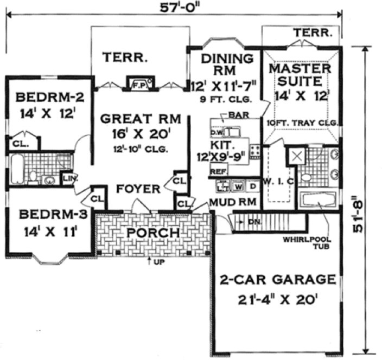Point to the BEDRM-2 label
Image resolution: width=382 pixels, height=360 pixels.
[49, 98]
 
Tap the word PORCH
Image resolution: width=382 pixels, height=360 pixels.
[153, 233]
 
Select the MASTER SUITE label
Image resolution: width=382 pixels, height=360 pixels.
[300, 76]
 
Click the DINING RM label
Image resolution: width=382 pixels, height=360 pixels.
[226, 65]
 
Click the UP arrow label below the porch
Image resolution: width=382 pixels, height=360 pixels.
[156, 262]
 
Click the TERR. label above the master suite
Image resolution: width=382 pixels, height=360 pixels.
[313, 34]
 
